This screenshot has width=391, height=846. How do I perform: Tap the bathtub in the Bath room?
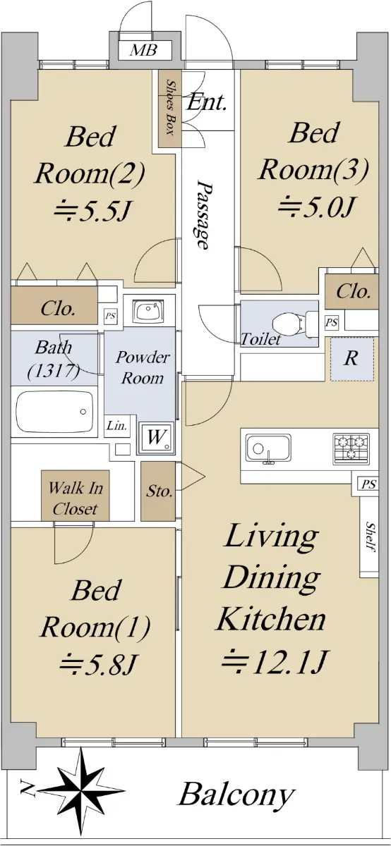click(54, 411)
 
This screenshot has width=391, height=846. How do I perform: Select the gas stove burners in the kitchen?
click(351, 448)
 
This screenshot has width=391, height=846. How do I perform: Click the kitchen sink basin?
click(268, 448)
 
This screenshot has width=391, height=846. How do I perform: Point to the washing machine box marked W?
click(156, 438)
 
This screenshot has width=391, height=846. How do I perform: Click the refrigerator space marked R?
click(352, 359)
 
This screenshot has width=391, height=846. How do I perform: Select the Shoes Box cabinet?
click(169, 109)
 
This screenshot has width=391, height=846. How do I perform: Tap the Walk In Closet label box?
click(76, 495)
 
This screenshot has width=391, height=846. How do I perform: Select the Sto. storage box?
click(158, 491)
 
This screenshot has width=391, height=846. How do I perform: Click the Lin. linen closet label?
click(116, 426)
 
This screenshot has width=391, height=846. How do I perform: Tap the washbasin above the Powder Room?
click(149, 312)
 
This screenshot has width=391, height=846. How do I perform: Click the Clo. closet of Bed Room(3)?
click(351, 291)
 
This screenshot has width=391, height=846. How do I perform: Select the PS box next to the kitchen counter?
click(368, 484)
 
